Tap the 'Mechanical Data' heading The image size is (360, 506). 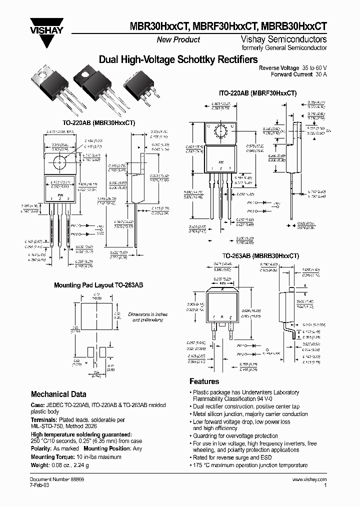[x=58, y=394]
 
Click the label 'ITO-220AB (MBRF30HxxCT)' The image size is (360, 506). [x=258, y=93]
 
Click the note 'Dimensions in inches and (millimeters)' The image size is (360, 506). [x=148, y=317]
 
